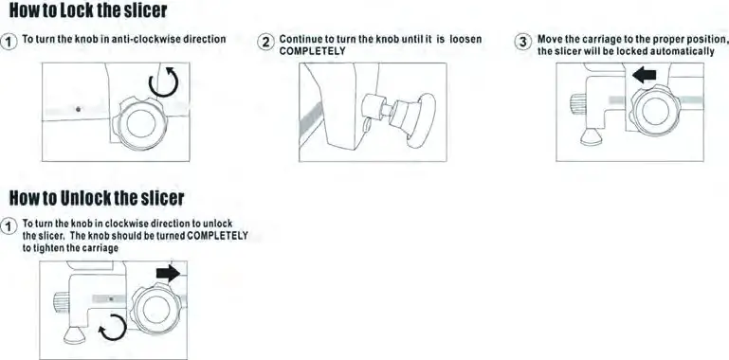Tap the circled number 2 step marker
pyautogui.click(x=266, y=44)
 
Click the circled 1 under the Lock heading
pyautogui.click(x=9, y=43)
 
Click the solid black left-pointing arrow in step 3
pyautogui.click(x=645, y=75)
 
